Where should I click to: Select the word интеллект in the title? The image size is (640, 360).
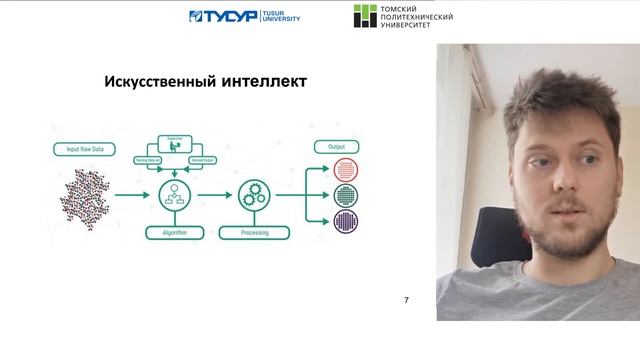coord(262,80)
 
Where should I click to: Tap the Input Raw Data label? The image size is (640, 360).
coord(84,149)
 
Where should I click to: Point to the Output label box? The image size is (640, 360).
coord(335,146)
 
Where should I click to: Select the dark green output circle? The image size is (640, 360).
coord(345,195)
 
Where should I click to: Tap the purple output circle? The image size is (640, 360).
coord(345,220)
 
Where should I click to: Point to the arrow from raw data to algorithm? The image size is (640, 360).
coord(130,194)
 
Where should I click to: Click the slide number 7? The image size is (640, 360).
coord(405,300)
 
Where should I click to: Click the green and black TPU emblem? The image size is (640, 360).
coord(365,17)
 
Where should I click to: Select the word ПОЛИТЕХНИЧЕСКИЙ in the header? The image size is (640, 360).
coord(417,18)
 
